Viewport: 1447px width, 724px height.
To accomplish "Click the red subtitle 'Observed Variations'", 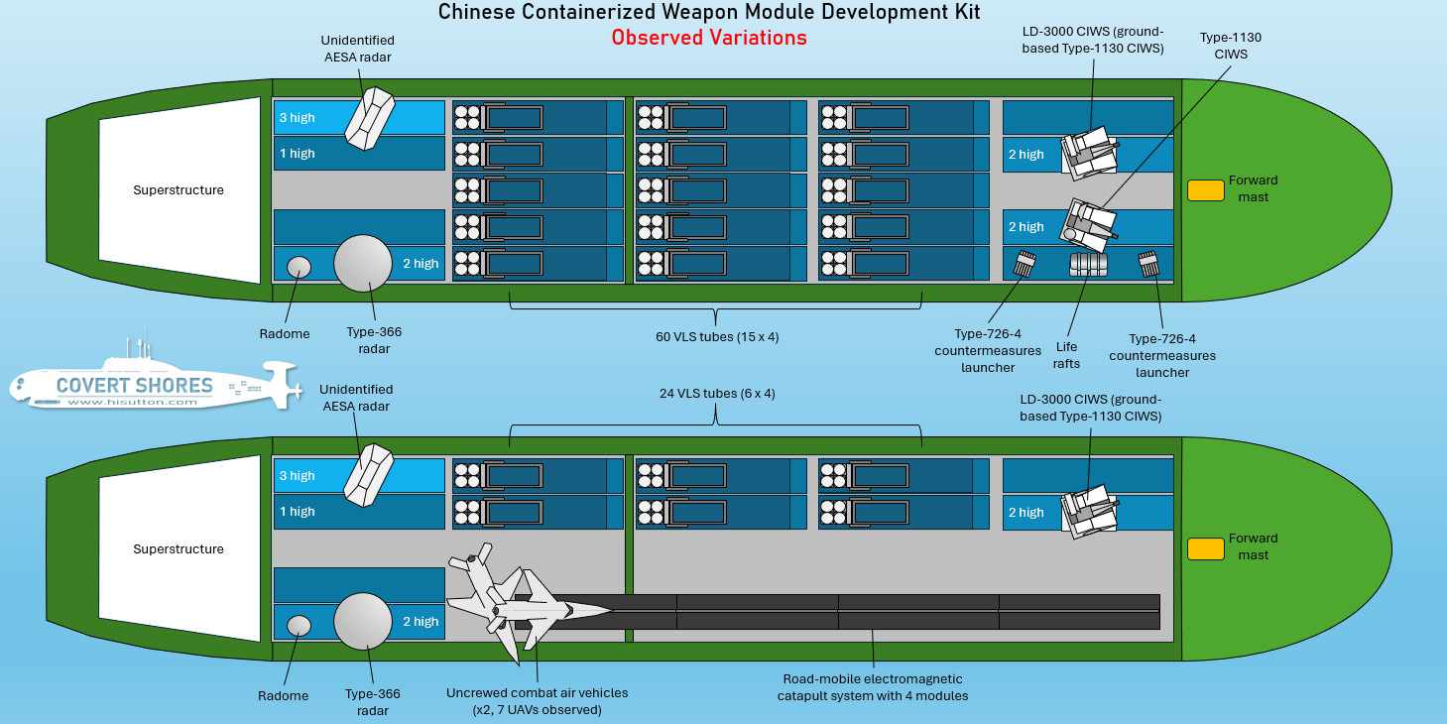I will point(708,38).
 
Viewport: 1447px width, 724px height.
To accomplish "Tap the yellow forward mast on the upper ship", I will point(1205,189).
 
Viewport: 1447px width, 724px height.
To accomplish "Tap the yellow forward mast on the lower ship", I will point(1205,548).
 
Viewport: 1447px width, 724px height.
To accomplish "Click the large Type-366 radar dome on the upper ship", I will point(363,264).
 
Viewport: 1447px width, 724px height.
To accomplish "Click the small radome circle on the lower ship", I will point(299,625).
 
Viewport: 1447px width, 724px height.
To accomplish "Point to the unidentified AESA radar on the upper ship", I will point(369,119).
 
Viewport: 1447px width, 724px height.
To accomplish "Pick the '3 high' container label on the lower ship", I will point(297,476).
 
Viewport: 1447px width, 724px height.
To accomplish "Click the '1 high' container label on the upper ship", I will point(297,154).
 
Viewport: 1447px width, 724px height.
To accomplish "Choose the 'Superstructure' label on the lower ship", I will point(179,548).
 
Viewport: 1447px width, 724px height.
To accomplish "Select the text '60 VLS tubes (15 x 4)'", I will point(717,336).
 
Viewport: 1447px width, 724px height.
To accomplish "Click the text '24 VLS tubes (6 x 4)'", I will point(717,393).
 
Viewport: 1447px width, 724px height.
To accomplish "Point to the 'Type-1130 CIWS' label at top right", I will point(1230,46).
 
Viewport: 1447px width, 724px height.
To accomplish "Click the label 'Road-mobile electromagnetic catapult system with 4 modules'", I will point(873,687).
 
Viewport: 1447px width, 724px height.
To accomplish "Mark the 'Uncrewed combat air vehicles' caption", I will point(537,700).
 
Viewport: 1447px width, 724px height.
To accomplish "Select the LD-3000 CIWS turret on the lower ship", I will point(1088,509).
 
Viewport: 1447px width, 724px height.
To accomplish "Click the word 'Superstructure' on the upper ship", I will point(179,189).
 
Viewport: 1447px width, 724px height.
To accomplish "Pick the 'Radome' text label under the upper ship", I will point(285,334).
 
